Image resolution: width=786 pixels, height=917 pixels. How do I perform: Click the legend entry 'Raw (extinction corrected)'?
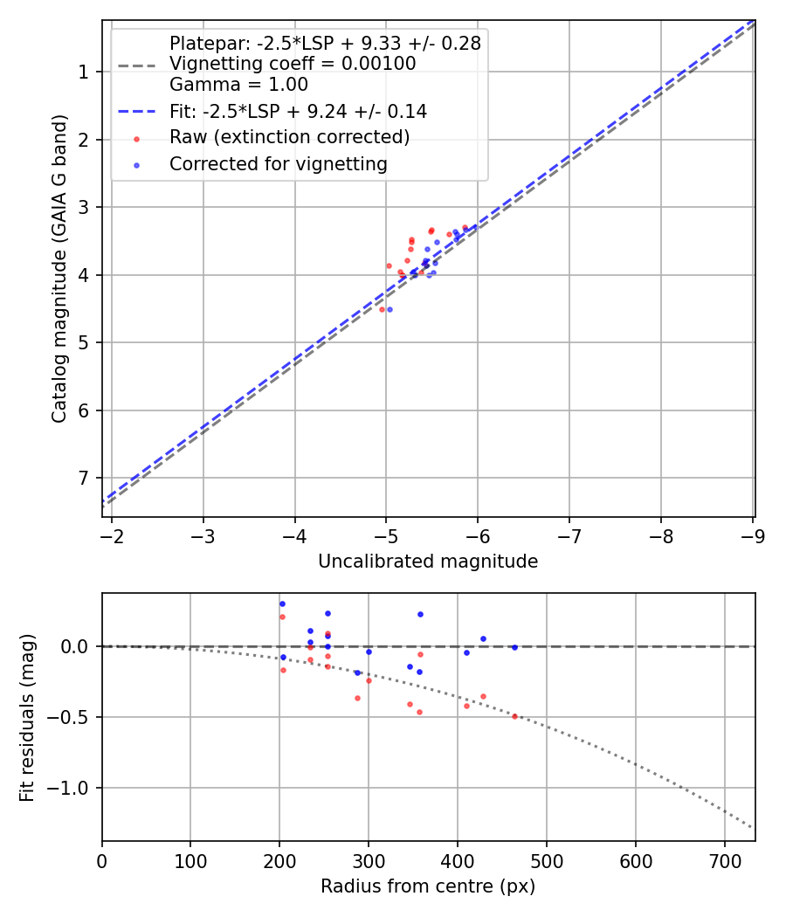click(x=289, y=137)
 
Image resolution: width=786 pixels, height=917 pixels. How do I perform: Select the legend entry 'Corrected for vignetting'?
click(x=278, y=163)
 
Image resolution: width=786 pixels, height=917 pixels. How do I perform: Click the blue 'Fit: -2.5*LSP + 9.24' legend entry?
click(x=298, y=111)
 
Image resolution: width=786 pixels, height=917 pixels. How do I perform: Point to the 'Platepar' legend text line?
click(x=325, y=43)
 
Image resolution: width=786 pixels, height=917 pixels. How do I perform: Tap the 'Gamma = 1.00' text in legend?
click(x=238, y=85)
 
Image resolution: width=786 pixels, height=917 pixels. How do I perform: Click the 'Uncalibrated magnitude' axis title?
click(x=428, y=562)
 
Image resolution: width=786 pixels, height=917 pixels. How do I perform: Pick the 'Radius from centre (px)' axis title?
click(x=428, y=886)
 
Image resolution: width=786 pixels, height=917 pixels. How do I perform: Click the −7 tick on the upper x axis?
click(x=569, y=535)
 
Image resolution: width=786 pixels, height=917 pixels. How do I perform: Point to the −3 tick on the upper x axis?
click(x=203, y=535)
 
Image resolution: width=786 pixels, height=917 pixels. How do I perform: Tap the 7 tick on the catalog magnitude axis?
click(x=84, y=478)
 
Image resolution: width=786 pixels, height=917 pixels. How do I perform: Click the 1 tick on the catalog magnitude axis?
click(x=84, y=72)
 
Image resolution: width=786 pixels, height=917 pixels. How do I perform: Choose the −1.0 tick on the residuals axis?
click(x=72, y=788)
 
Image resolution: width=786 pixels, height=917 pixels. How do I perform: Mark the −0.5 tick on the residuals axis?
click(x=72, y=717)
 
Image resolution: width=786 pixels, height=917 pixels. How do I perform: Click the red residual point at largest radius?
click(x=514, y=716)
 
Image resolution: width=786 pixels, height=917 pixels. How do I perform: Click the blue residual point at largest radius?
click(x=514, y=647)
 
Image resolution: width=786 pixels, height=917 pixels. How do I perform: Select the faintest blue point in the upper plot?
click(x=390, y=309)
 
